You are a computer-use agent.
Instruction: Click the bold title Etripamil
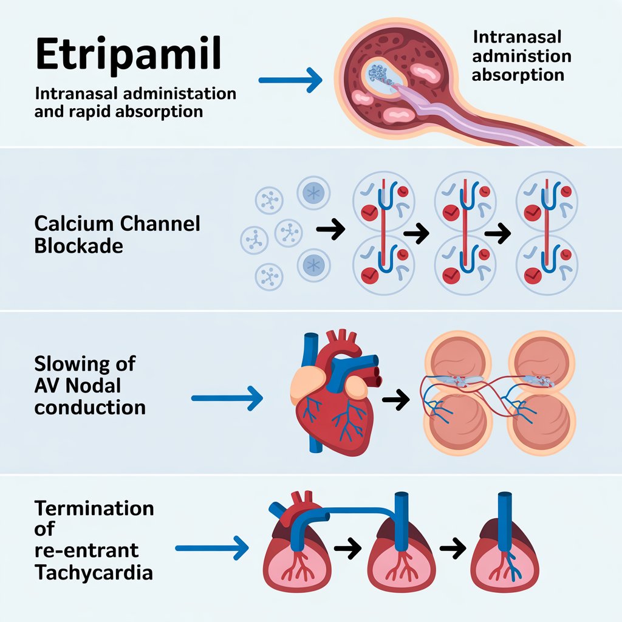(128, 54)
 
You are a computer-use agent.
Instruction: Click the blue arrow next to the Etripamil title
(290, 80)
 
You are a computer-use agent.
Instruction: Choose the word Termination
(94, 508)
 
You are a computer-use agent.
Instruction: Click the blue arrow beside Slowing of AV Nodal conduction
(227, 398)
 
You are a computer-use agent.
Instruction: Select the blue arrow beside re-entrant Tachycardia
(212, 549)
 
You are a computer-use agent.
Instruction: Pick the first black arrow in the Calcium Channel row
(331, 230)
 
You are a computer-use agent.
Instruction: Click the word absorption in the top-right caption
(518, 75)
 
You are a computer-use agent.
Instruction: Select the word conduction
(90, 406)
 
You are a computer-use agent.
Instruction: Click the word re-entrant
(86, 550)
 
